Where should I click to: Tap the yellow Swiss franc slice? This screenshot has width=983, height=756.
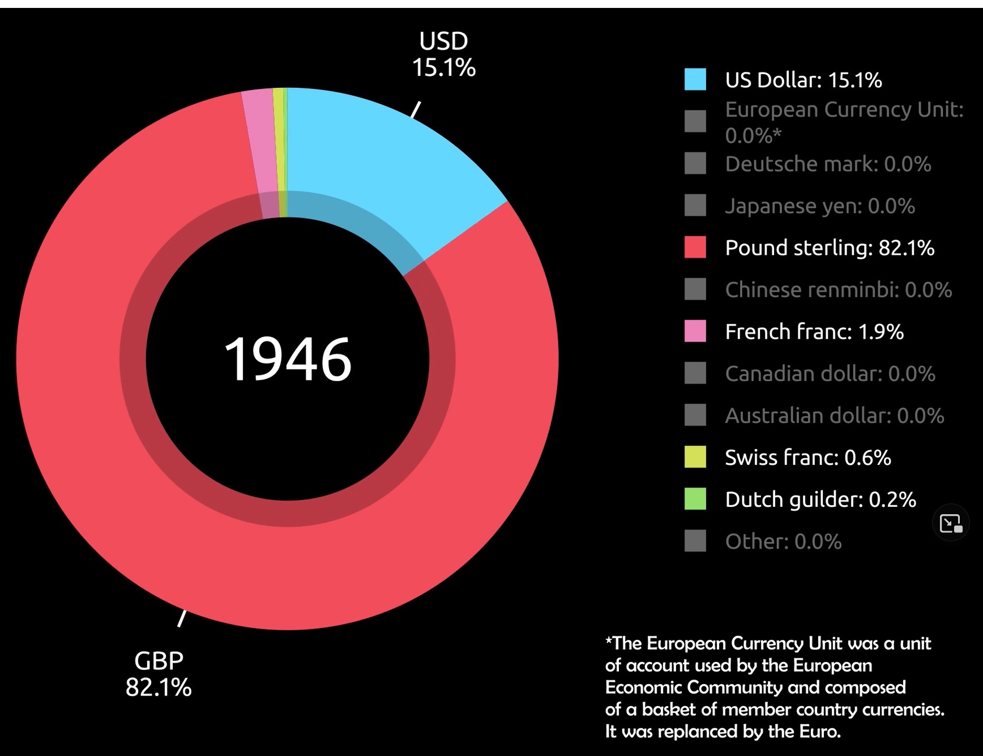pyautogui.click(x=278, y=142)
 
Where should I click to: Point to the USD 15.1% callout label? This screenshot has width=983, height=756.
pyautogui.click(x=443, y=54)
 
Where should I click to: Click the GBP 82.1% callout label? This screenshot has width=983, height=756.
pyautogui.click(x=159, y=674)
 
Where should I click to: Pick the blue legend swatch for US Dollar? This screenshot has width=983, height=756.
pyautogui.click(x=695, y=79)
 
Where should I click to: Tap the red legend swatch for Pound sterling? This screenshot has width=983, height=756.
pyautogui.click(x=695, y=247)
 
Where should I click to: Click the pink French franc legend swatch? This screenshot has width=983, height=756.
pyautogui.click(x=695, y=331)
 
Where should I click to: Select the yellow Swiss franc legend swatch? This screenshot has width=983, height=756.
pyautogui.click(x=695, y=457)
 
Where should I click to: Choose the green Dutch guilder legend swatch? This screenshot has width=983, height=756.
pyautogui.click(x=695, y=499)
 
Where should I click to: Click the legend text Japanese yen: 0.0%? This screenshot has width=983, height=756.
pyautogui.click(x=819, y=206)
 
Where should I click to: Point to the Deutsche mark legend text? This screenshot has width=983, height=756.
pyautogui.click(x=827, y=164)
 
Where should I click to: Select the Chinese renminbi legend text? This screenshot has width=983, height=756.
pyautogui.click(x=838, y=289)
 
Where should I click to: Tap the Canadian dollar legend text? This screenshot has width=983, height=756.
pyautogui.click(x=830, y=373)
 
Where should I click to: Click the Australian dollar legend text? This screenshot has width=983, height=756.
pyautogui.click(x=834, y=415)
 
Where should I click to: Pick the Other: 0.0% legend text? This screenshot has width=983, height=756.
pyautogui.click(x=783, y=541)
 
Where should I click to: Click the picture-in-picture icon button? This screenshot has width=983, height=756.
pyautogui.click(x=950, y=523)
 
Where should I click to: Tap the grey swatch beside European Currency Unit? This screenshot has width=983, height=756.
pyautogui.click(x=695, y=121)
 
